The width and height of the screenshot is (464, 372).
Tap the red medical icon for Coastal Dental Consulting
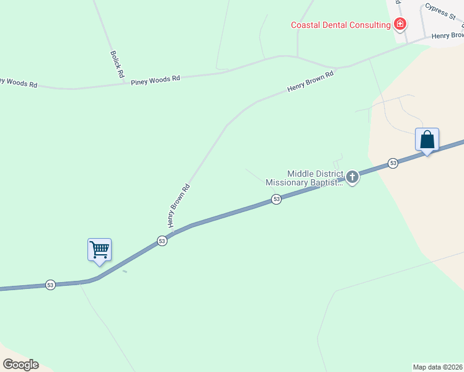(x=400, y=25)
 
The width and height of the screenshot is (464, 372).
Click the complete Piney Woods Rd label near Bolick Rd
(x=155, y=79)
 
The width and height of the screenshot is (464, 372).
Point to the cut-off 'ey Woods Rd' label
(x=19, y=82)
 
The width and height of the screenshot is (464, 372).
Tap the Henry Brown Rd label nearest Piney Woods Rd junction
(x=310, y=82)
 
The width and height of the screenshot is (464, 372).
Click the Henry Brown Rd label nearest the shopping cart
(x=178, y=205)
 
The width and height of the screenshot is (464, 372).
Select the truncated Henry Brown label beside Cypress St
(x=448, y=35)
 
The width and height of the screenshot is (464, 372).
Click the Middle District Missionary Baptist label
(x=305, y=179)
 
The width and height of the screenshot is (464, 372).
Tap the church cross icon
(x=352, y=178)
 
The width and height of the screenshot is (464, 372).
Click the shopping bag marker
(x=427, y=139)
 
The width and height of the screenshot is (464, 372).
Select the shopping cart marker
(x=99, y=250)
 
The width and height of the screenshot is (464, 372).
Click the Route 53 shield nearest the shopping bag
(x=393, y=163)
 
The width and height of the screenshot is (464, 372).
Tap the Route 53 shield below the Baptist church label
(x=276, y=199)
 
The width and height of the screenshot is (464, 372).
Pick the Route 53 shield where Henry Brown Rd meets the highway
(x=161, y=241)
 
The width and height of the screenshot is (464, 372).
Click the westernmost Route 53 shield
(x=50, y=285)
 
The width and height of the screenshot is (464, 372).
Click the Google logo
(x=20, y=365)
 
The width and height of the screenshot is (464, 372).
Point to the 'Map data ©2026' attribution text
(x=438, y=367)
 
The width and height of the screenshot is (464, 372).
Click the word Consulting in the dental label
(x=366, y=25)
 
